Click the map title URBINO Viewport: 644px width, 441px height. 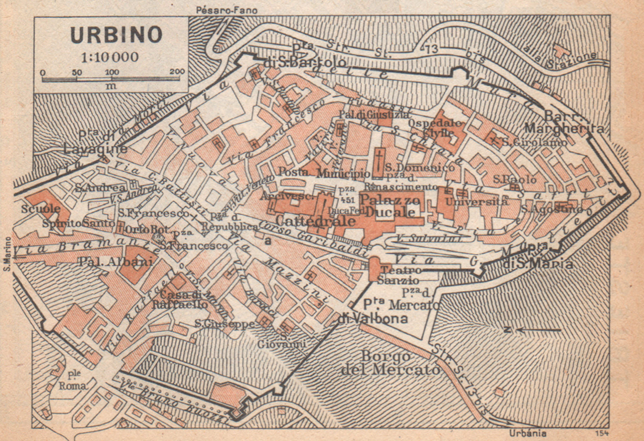[116, 35]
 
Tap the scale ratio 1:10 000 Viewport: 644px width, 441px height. [109, 57]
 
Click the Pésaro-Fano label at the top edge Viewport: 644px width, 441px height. [227, 10]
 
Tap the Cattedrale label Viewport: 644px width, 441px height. [316, 221]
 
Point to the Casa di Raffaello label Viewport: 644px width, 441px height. [180, 299]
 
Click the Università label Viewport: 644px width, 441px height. [477, 201]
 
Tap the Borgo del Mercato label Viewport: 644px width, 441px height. [390, 362]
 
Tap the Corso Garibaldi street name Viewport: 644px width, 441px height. [314, 239]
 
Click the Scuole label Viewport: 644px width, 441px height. [41, 209]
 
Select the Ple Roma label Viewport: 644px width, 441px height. [73, 380]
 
